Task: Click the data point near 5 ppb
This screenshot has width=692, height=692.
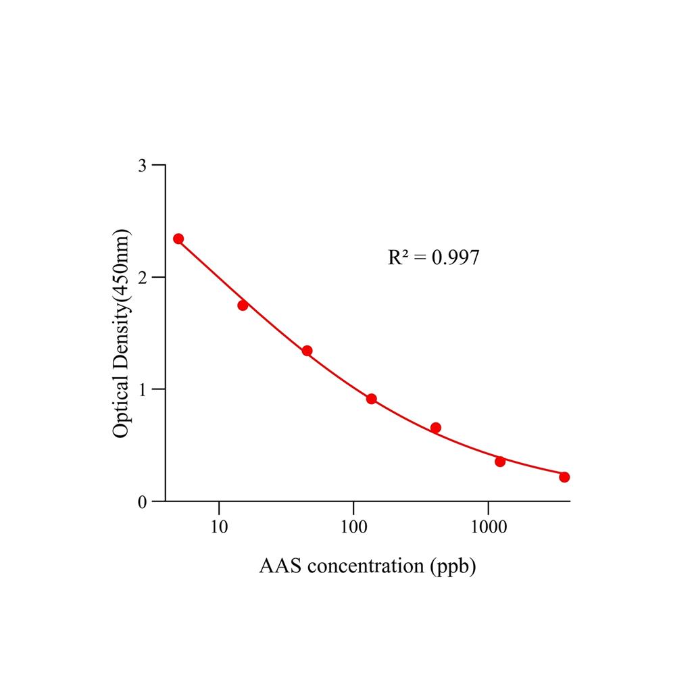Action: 178,239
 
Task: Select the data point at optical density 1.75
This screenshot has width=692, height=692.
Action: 243,305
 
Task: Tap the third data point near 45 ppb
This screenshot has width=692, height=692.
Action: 307,351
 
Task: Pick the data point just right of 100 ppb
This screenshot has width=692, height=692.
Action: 371,399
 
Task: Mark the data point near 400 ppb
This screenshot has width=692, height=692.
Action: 436,428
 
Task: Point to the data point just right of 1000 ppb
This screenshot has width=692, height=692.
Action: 500,462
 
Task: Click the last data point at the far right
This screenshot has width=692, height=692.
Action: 564,477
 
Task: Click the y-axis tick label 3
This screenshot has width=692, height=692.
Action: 143,166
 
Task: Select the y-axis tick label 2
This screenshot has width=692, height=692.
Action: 143,278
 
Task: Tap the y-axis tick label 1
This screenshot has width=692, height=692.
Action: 143,390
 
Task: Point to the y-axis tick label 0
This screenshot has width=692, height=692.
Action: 143,502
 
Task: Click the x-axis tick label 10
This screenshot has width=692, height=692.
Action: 219,526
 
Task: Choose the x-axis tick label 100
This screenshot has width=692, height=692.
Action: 353,526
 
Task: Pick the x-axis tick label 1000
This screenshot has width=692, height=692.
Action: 489,526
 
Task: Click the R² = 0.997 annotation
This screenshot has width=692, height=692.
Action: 434,257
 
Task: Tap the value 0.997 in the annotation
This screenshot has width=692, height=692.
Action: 455,257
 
